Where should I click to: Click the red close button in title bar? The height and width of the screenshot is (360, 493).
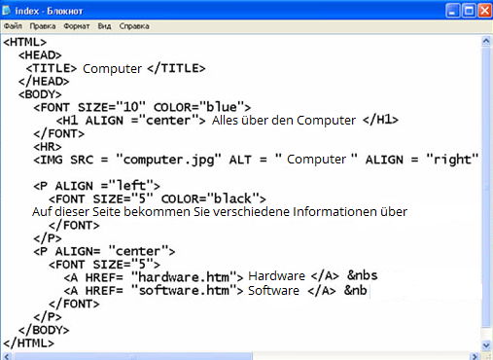coord(479,10)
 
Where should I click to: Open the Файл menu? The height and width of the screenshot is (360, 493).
coord(13,27)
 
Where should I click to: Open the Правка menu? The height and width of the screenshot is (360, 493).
coord(43,27)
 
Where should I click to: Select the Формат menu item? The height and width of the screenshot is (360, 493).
coord(75,27)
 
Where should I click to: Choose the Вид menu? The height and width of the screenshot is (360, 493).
coord(104,27)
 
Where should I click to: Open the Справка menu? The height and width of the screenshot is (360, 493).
coord(133,27)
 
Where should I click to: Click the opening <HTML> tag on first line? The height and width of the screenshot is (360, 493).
coord(24,43)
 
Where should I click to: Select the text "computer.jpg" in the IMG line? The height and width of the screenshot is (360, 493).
coord(172,159)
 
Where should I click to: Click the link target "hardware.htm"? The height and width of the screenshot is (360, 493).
coord(185,276)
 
